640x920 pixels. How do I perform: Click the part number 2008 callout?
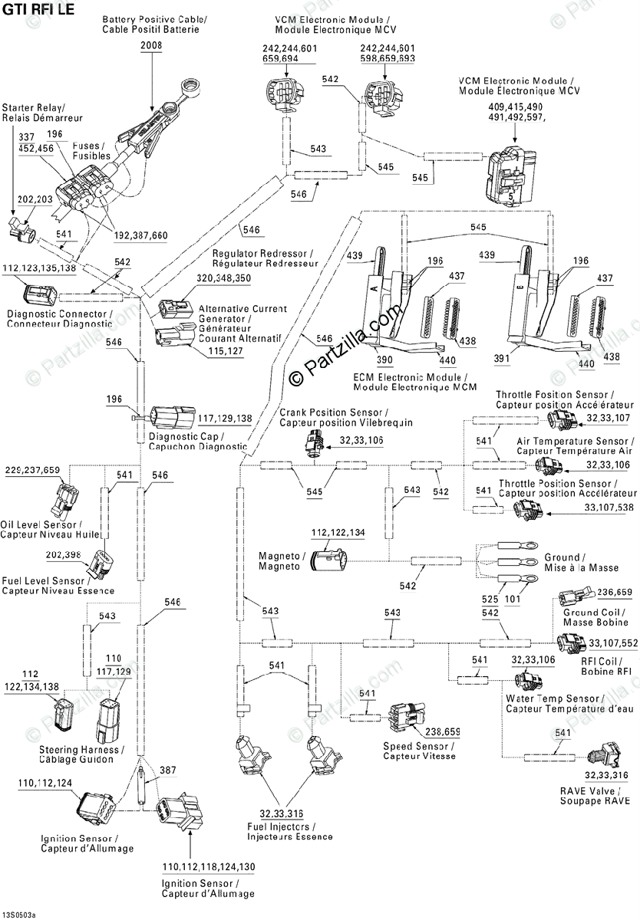click(x=151, y=45)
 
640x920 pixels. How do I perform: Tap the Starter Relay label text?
click(x=32, y=108)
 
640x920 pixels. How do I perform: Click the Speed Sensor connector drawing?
click(x=407, y=717)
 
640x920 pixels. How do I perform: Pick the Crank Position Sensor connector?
click(x=315, y=443)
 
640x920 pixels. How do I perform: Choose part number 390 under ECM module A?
click(x=384, y=360)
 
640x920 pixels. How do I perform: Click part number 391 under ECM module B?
click(x=502, y=358)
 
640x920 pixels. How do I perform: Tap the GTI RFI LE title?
click(x=38, y=9)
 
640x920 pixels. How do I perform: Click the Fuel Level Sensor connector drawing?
click(x=100, y=565)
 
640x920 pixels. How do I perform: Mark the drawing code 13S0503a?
click(x=19, y=915)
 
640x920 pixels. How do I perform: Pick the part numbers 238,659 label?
click(x=443, y=732)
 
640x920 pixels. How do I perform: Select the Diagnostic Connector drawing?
click(x=38, y=296)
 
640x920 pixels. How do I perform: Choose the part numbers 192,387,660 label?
click(x=141, y=235)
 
